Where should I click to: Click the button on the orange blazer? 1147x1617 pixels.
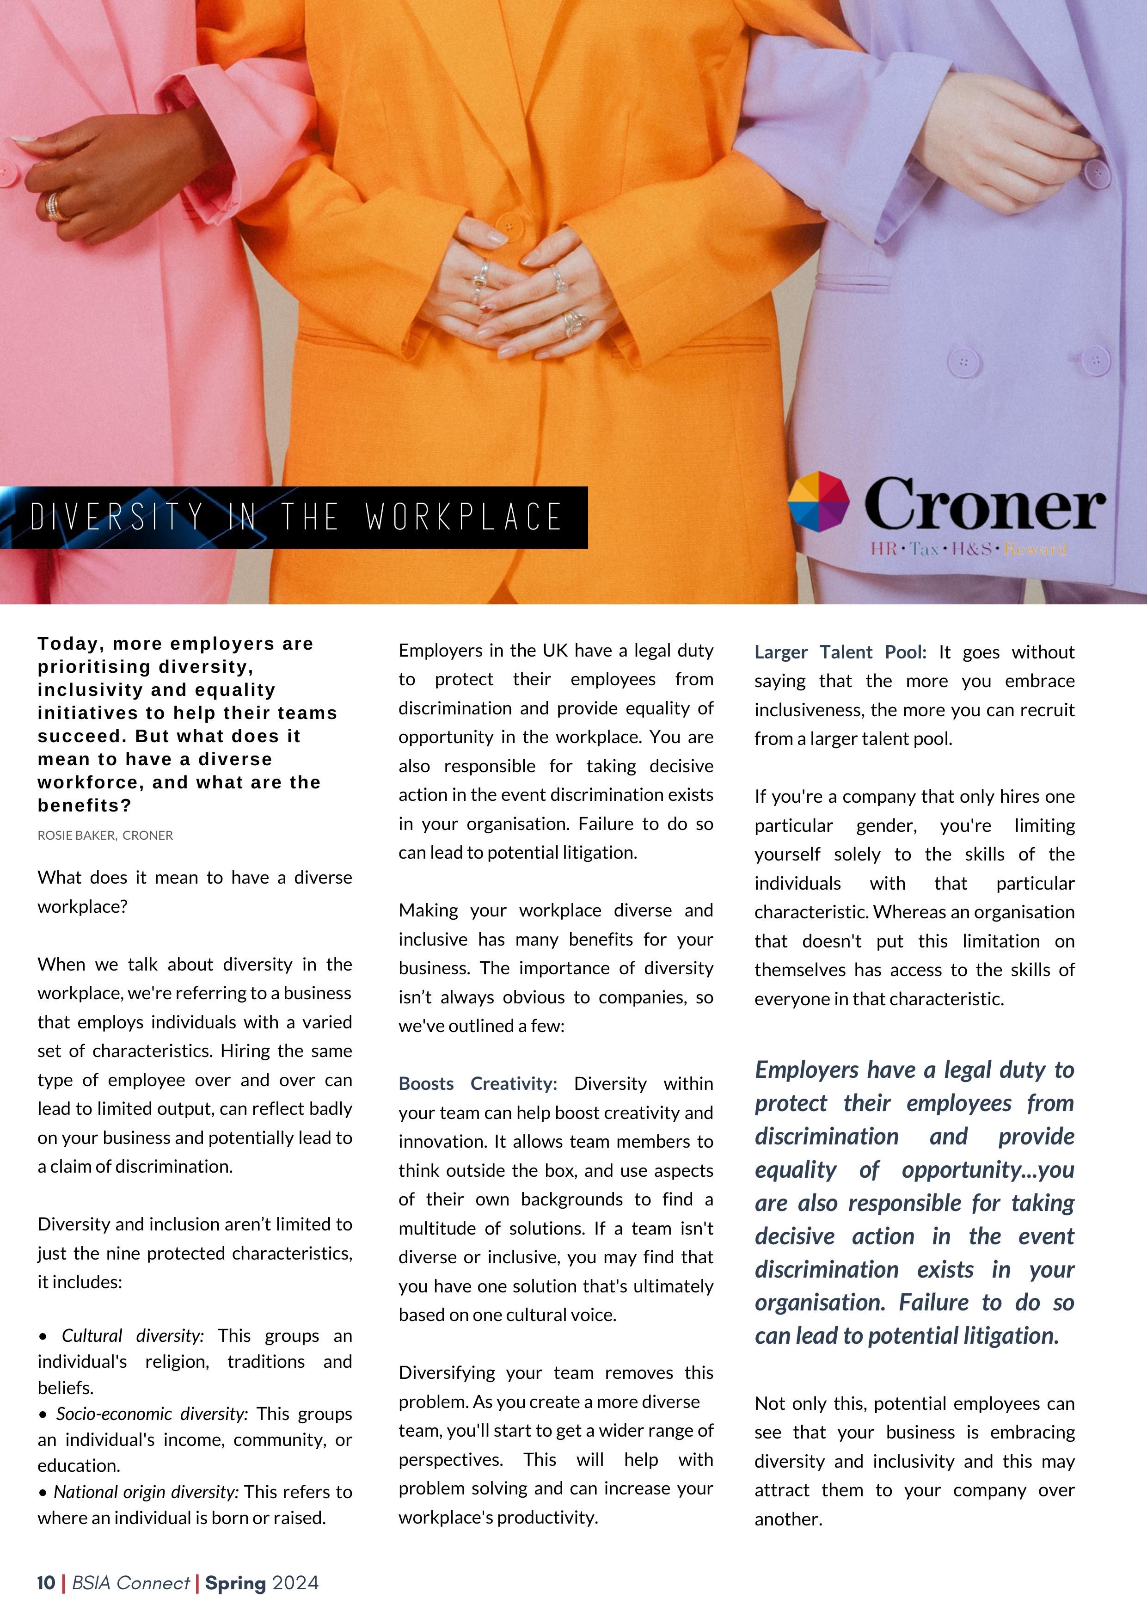(508, 227)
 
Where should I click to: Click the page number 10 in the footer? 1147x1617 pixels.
(46, 1583)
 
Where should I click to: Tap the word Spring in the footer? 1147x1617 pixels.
(235, 1583)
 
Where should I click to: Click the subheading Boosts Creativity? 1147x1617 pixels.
(478, 1084)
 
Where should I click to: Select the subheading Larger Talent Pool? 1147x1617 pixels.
(840, 652)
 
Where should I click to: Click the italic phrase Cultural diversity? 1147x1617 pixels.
(132, 1336)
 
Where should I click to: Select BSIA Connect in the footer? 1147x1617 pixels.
(131, 1583)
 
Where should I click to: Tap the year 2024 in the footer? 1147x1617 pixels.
(295, 1583)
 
